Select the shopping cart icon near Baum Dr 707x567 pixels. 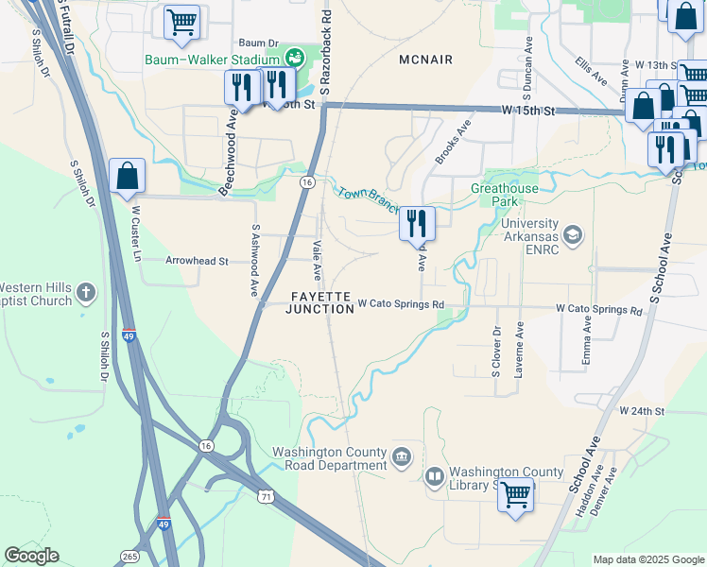tap(181, 22)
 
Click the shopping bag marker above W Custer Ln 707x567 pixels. tap(127, 176)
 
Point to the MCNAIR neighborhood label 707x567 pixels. tap(426, 60)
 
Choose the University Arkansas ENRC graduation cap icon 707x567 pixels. tap(572, 234)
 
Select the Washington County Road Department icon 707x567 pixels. tap(402, 457)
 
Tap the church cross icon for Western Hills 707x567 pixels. tap(86, 293)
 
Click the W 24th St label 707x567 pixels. tap(643, 412)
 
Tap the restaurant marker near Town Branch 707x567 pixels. tap(417, 223)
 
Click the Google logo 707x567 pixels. tap(31, 556)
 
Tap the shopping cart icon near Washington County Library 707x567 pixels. tap(515, 493)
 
